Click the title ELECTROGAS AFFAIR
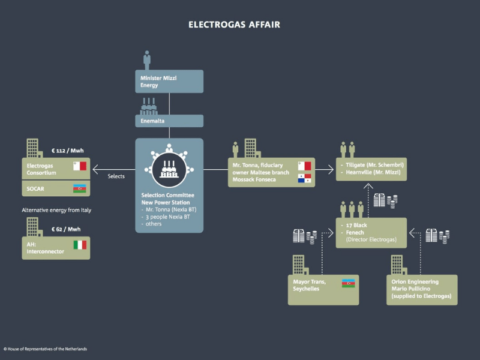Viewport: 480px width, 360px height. (234, 25)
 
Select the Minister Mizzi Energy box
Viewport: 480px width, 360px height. (169, 82)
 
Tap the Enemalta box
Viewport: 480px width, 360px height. (169, 121)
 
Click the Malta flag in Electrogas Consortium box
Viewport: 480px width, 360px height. (80, 166)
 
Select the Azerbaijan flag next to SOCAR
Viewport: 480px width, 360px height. (80, 188)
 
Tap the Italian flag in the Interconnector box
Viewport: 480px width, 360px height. (80, 245)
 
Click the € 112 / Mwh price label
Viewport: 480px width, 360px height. (66, 151)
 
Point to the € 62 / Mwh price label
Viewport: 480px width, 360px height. (66, 229)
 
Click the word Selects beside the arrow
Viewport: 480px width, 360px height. (116, 176)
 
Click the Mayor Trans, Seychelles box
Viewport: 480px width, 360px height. (323, 289)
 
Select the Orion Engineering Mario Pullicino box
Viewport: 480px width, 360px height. (421, 289)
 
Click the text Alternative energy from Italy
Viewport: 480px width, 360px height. (56, 210)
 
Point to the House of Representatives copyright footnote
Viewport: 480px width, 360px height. (45, 349)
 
